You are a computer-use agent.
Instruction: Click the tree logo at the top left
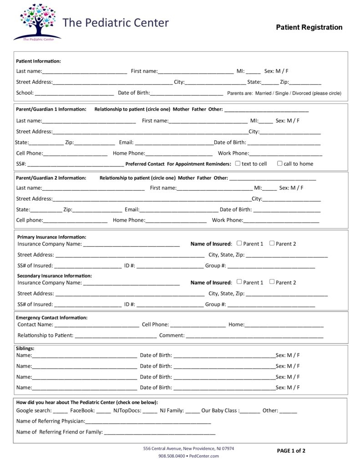coord(37,22)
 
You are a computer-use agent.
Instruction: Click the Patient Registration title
coord(309,27)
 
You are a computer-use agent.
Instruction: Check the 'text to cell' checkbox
coord(238,163)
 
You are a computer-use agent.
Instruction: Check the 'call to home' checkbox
coord(280,163)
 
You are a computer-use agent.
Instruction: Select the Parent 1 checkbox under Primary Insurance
coord(239,243)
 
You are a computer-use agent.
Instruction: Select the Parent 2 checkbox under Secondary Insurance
coord(272,282)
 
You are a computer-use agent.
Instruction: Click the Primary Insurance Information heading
coord(51,237)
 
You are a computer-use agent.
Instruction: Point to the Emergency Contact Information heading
coord(51,318)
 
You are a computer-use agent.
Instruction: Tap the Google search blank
coord(61,411)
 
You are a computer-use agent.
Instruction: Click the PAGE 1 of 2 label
coord(291,451)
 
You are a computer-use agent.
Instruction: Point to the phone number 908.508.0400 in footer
coord(172,456)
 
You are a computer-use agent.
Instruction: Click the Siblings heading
coord(25,349)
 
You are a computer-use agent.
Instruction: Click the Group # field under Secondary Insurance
coord(271,305)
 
